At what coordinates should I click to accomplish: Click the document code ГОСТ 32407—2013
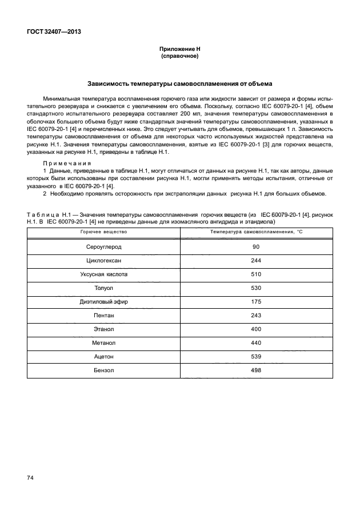(53, 32)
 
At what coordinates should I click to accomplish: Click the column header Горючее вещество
(103, 232)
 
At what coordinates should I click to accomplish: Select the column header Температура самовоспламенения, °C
(255, 232)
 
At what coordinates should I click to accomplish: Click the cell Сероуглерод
(103, 247)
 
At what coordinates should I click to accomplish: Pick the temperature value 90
(255, 247)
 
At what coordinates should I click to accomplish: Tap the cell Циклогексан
(103, 261)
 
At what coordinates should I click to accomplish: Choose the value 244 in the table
(255, 261)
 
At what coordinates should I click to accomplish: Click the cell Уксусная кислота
(103, 274)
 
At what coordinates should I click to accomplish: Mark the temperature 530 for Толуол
(255, 288)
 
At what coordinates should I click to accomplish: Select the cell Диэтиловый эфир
(103, 302)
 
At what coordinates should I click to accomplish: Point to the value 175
(255, 302)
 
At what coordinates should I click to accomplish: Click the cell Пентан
(103, 316)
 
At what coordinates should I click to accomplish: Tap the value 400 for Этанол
(255, 329)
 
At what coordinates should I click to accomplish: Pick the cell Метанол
(103, 343)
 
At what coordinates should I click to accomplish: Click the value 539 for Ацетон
(255, 357)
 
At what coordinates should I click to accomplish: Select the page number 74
(30, 477)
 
